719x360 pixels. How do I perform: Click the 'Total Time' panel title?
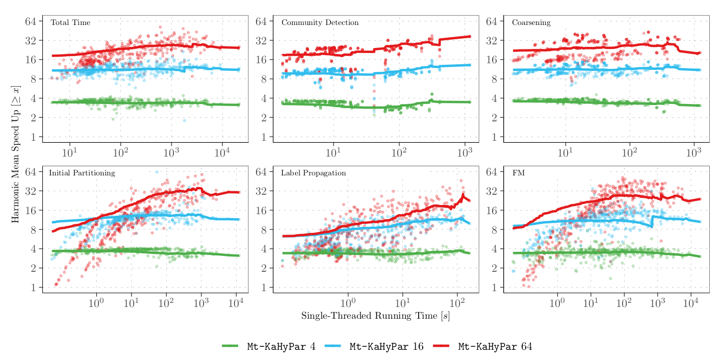tap(70, 23)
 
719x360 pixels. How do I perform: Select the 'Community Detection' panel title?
tap(320, 23)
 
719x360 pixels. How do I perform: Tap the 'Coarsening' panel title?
tap(531, 23)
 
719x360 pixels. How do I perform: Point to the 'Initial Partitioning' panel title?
tap(82, 173)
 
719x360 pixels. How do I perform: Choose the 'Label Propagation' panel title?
tap(313, 173)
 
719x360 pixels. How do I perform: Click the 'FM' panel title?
tap(518, 173)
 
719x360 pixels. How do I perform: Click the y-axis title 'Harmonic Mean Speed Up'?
tap(15, 154)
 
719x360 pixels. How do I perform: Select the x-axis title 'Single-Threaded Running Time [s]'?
tap(375, 316)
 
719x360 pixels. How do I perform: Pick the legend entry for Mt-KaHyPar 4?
tap(269, 347)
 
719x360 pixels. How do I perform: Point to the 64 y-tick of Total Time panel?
tap(31, 21)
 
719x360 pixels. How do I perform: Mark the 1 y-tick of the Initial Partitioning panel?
tap(33, 288)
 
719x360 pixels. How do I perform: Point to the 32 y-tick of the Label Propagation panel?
tap(262, 191)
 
